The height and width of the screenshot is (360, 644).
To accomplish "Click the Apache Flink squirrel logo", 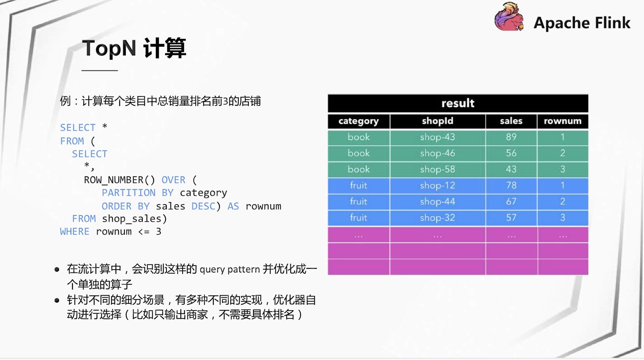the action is click(x=509, y=17).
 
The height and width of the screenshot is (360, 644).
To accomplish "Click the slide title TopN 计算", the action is click(x=134, y=48).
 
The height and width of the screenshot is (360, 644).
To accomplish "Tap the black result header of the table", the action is click(x=458, y=103).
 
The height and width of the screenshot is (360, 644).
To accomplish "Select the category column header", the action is click(x=359, y=121).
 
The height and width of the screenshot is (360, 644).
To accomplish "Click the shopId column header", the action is click(x=438, y=121).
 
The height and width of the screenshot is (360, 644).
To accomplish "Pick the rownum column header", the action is click(x=563, y=121).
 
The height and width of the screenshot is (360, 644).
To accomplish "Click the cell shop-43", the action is click(x=438, y=137).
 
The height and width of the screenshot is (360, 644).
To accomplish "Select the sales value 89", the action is click(x=511, y=137).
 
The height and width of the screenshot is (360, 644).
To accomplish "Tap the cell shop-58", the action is click(x=438, y=169).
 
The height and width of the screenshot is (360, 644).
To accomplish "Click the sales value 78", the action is click(x=511, y=185).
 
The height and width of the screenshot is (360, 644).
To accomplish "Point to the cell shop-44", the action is click(x=438, y=202).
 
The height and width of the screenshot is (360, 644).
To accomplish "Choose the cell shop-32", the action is click(x=438, y=218).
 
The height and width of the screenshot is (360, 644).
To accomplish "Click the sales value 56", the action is click(x=511, y=153).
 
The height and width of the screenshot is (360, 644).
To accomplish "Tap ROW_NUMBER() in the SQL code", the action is click(x=120, y=180).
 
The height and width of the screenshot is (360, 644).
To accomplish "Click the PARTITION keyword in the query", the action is click(x=128, y=193).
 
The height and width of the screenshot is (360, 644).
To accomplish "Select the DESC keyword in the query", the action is click(x=203, y=206).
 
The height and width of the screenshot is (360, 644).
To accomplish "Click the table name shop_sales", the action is click(x=132, y=219).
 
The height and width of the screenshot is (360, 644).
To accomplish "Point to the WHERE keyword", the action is click(x=75, y=232).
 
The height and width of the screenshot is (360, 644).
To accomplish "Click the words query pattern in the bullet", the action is click(x=230, y=269).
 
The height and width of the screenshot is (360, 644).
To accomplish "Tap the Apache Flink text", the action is click(x=582, y=23).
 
